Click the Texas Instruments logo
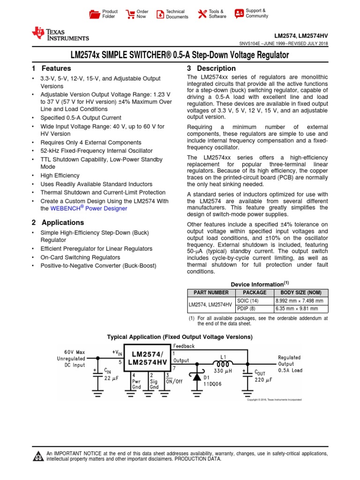tap(60, 33)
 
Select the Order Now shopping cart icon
tap(130, 14)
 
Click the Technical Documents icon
tap(160, 14)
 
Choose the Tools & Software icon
tap(202, 14)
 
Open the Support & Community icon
tap(239, 13)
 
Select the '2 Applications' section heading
tap(58, 223)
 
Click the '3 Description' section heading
tap(211, 68)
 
